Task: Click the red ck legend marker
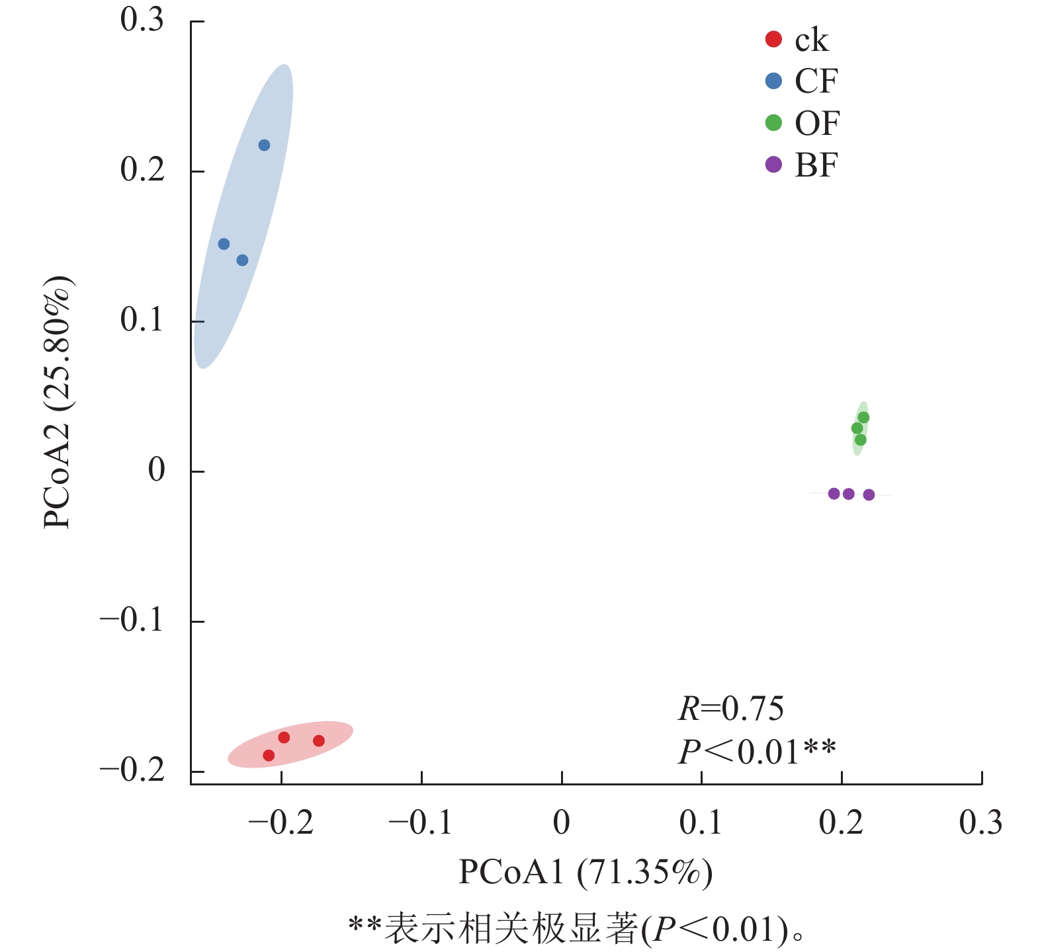click(773, 40)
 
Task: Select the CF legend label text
click(816, 81)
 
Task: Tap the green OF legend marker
click(773, 123)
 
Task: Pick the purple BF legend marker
click(773, 165)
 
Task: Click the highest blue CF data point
click(264, 145)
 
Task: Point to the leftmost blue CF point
click(224, 244)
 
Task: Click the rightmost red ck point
click(319, 740)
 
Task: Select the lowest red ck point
click(269, 755)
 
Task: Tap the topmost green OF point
click(863, 418)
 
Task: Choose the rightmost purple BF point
click(869, 495)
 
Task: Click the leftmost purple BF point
click(834, 494)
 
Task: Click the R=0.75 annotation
click(730, 709)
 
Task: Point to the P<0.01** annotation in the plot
click(757, 752)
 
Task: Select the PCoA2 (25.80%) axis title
click(58, 402)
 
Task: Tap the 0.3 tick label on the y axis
click(142, 20)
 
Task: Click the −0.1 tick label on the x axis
click(421, 823)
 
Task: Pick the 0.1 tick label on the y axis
click(142, 321)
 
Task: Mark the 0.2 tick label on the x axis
click(841, 823)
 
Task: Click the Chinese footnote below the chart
click(576, 929)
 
